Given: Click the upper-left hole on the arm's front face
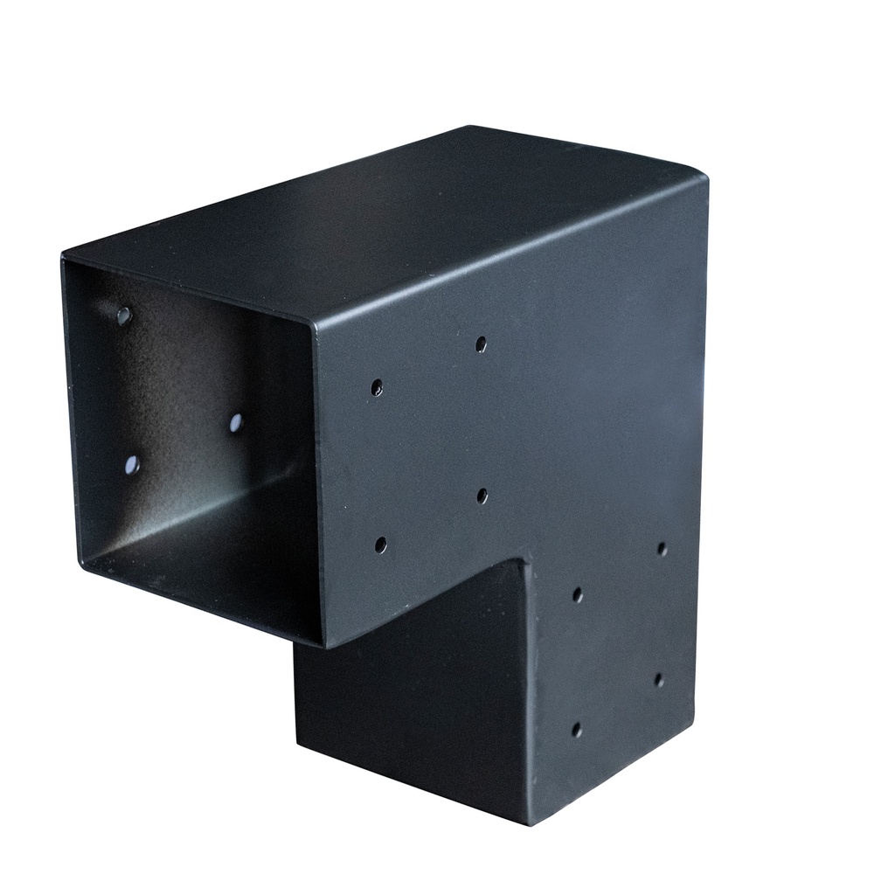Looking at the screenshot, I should click(377, 387).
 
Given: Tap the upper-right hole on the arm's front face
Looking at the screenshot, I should click(481, 344).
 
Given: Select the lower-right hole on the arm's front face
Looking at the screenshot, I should click(482, 496).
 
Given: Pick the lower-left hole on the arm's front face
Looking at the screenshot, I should click(381, 545).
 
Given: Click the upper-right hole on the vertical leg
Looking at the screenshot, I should click(662, 549).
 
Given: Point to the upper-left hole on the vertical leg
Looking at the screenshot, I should click(578, 595).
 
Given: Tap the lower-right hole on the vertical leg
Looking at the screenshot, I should click(659, 679).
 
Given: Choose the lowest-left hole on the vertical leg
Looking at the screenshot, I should click(577, 729).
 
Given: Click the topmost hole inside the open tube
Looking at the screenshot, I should click(124, 316).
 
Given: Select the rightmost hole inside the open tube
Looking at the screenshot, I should click(236, 423).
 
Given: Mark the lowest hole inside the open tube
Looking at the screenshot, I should click(132, 465).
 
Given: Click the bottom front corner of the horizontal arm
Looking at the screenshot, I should click(325, 645).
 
